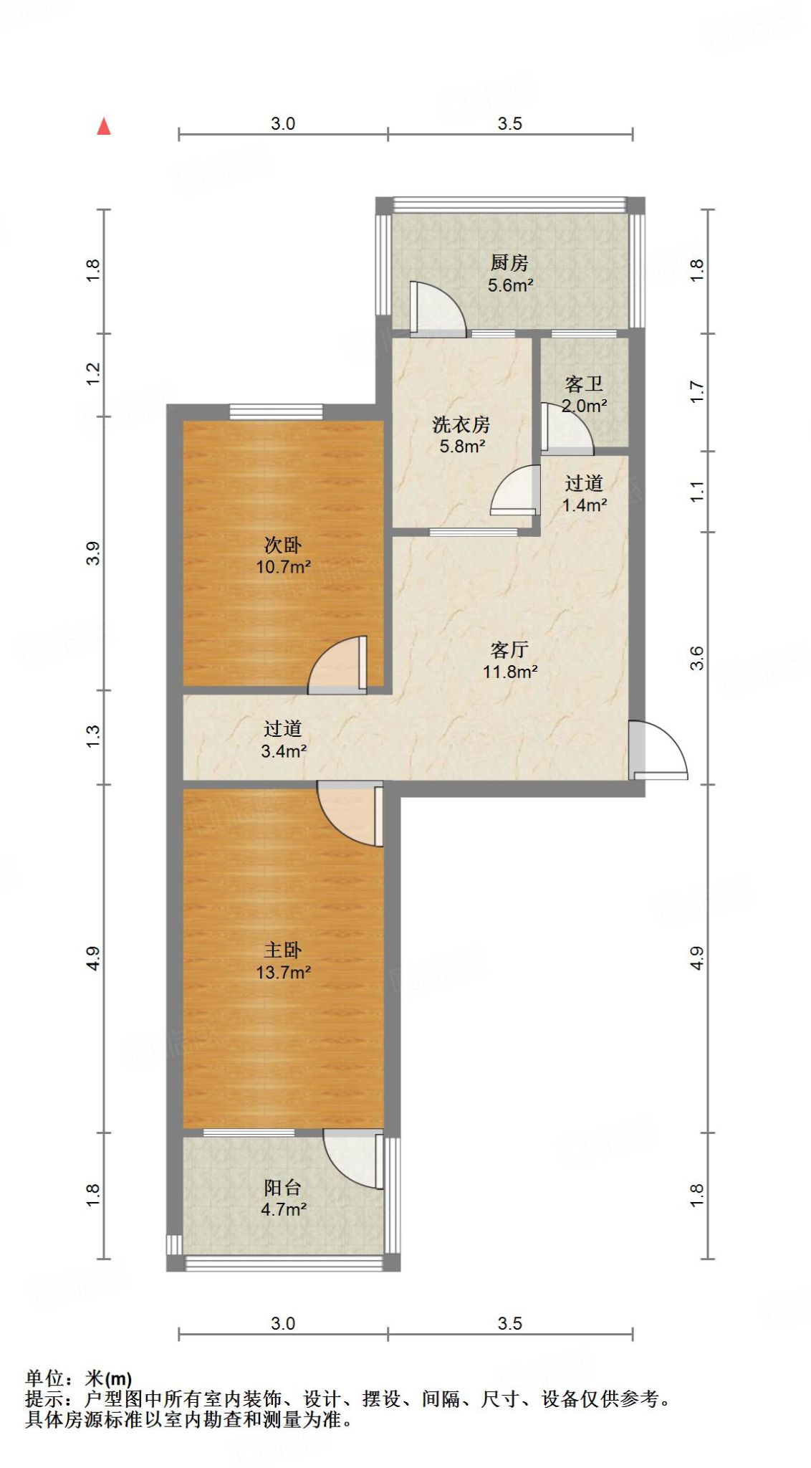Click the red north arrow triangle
tap(104, 127)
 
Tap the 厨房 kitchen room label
tap(509, 263)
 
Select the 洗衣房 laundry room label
tap(461, 425)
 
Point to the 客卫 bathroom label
tap(584, 384)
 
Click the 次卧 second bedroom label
tap(283, 545)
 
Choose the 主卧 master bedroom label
tap(283, 950)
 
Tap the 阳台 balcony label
tap(283, 1188)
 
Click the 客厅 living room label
tap(509, 650)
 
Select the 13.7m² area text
tap(284, 973)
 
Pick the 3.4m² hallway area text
tap(284, 751)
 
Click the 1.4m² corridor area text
tap(585, 505)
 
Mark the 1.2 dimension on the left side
tap(94, 374)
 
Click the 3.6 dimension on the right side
tap(697, 658)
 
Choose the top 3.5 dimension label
tap(510, 124)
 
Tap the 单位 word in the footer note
tap(45, 1378)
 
